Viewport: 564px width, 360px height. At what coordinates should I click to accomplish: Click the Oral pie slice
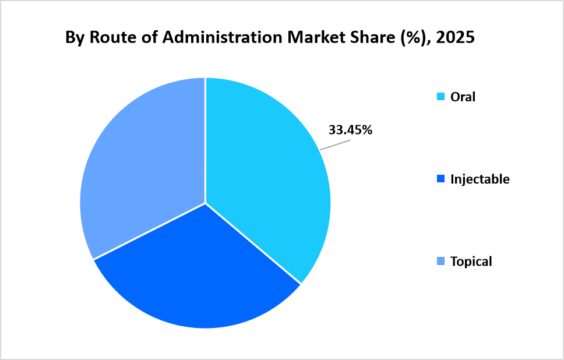click(262, 175)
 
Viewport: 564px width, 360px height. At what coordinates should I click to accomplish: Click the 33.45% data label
click(350, 130)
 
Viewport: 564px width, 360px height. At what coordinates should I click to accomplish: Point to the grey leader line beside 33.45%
click(333, 145)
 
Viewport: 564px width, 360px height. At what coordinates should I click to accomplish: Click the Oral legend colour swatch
click(440, 97)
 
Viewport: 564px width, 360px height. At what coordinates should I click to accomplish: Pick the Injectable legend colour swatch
click(440, 179)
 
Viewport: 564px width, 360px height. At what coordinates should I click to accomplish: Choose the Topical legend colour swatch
click(440, 262)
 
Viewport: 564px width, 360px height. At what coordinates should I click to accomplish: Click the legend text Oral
click(463, 97)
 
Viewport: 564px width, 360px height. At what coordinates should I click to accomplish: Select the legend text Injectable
click(480, 179)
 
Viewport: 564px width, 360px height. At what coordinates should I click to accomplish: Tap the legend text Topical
click(471, 262)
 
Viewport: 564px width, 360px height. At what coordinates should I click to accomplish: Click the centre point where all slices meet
click(205, 203)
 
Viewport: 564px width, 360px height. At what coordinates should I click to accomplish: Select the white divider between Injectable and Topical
click(149, 231)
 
